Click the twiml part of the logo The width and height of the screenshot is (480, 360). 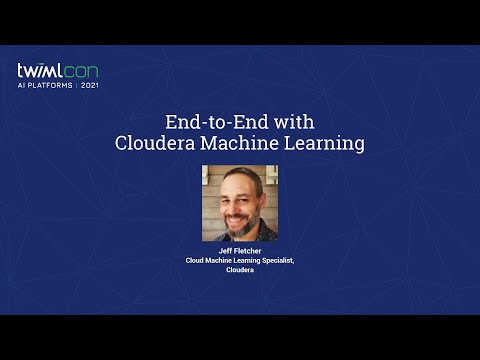38,72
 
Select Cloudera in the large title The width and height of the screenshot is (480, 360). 157,143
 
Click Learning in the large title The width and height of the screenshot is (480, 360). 323,143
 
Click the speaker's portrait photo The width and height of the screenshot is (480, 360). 240,203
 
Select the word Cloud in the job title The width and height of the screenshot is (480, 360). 196,260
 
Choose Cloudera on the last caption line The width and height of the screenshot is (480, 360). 240,270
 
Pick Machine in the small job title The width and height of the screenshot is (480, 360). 222,260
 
